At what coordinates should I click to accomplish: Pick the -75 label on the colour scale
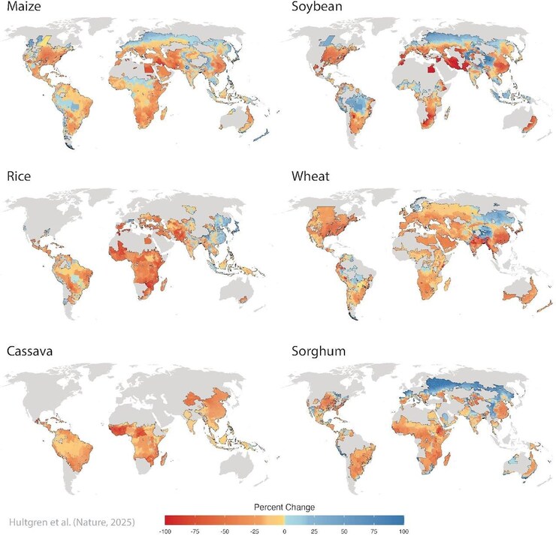196,530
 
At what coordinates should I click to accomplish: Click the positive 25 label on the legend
315,530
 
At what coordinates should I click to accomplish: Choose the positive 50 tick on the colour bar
344,530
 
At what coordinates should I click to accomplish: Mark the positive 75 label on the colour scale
373,530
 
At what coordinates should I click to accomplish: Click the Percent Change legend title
284,507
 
